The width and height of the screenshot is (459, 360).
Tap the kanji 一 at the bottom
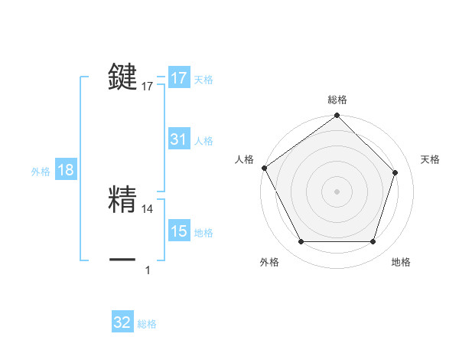(x=123, y=260)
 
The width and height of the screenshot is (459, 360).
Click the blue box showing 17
(x=179, y=78)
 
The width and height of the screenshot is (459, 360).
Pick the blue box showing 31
(x=179, y=139)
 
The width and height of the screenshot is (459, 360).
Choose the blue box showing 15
(x=179, y=231)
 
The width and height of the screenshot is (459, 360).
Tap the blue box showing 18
(x=66, y=170)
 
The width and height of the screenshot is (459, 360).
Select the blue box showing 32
(x=122, y=322)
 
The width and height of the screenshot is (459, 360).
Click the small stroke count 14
(x=148, y=208)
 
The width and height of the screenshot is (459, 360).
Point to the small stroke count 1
(x=148, y=270)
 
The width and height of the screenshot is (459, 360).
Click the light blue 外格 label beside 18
(x=41, y=172)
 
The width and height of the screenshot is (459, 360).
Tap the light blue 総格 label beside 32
(x=147, y=324)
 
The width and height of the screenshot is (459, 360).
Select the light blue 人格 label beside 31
(x=203, y=141)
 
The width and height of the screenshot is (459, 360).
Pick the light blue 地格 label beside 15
(x=203, y=233)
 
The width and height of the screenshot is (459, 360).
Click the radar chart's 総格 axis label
(x=337, y=100)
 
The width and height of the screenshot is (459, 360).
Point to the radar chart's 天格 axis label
(x=431, y=159)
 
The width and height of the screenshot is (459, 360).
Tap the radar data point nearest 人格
(x=264, y=168)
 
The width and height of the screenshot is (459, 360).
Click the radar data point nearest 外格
(x=301, y=242)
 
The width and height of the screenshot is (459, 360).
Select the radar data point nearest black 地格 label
(x=373, y=242)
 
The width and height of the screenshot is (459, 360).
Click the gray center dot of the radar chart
(x=337, y=191)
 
